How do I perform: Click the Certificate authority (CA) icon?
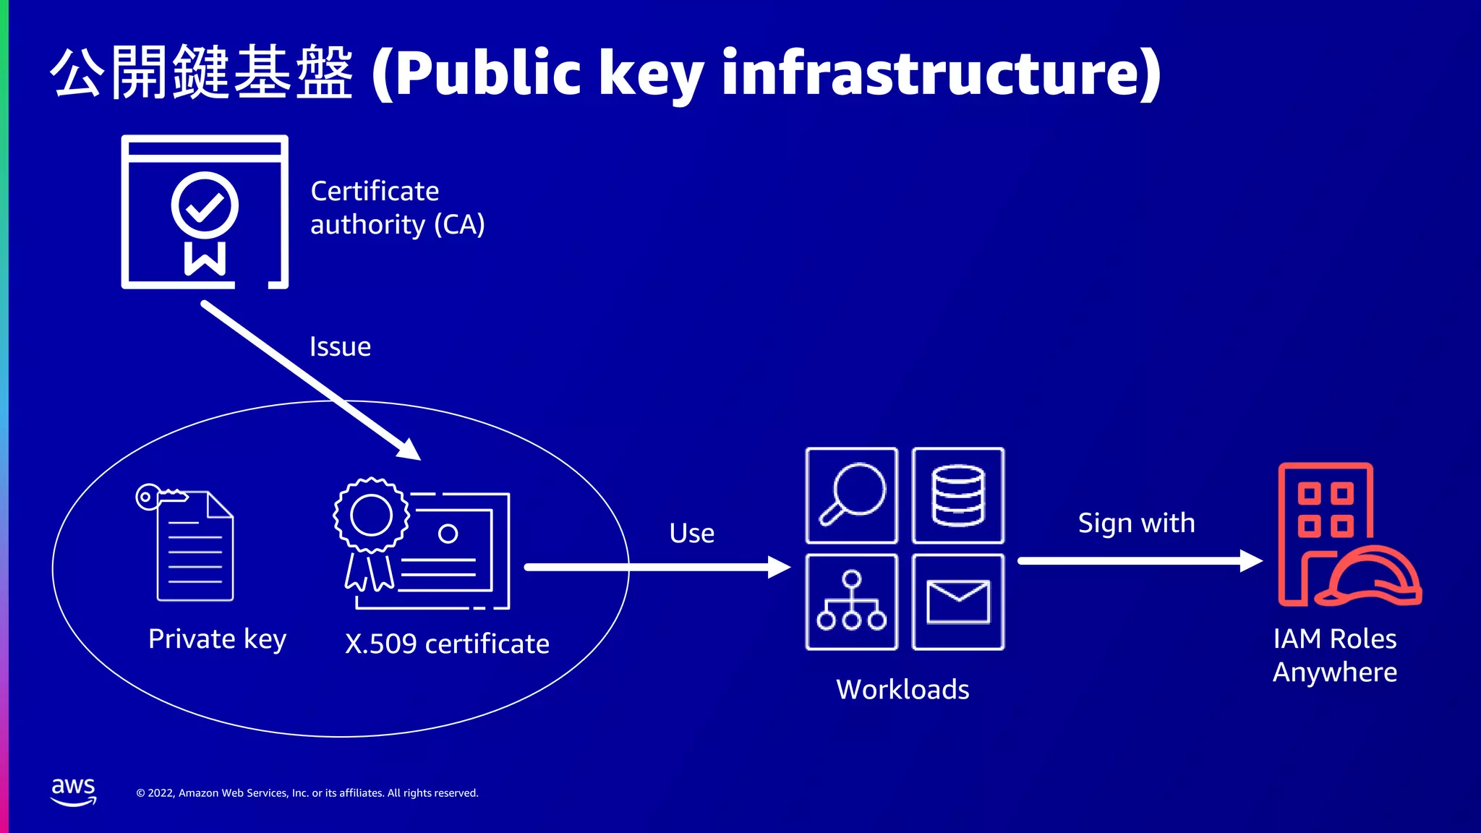pos(205,212)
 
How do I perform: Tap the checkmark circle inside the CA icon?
pos(205,205)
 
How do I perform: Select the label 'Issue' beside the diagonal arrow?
pos(340,347)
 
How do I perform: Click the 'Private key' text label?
pos(217,639)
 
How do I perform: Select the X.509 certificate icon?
pos(422,544)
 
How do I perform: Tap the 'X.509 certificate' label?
pos(447,644)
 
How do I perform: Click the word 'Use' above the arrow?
pos(691,534)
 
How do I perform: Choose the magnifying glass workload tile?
pos(852,495)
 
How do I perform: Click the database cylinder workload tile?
pos(958,495)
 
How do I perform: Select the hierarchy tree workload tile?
pos(852,602)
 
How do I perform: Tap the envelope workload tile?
pos(958,602)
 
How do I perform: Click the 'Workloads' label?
pos(902,690)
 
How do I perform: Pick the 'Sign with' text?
pos(1136,523)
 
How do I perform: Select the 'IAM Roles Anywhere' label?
pos(1335,656)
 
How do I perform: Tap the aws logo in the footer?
pos(73,792)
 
